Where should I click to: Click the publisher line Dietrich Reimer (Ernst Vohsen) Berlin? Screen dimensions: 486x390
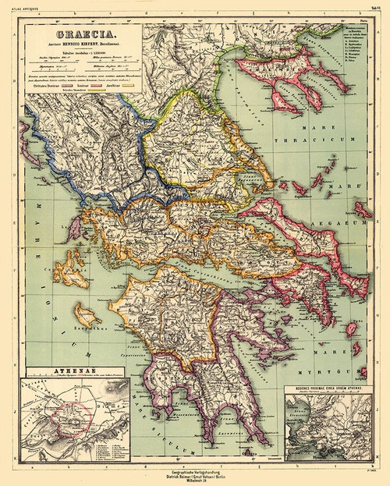coord(195,472)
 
